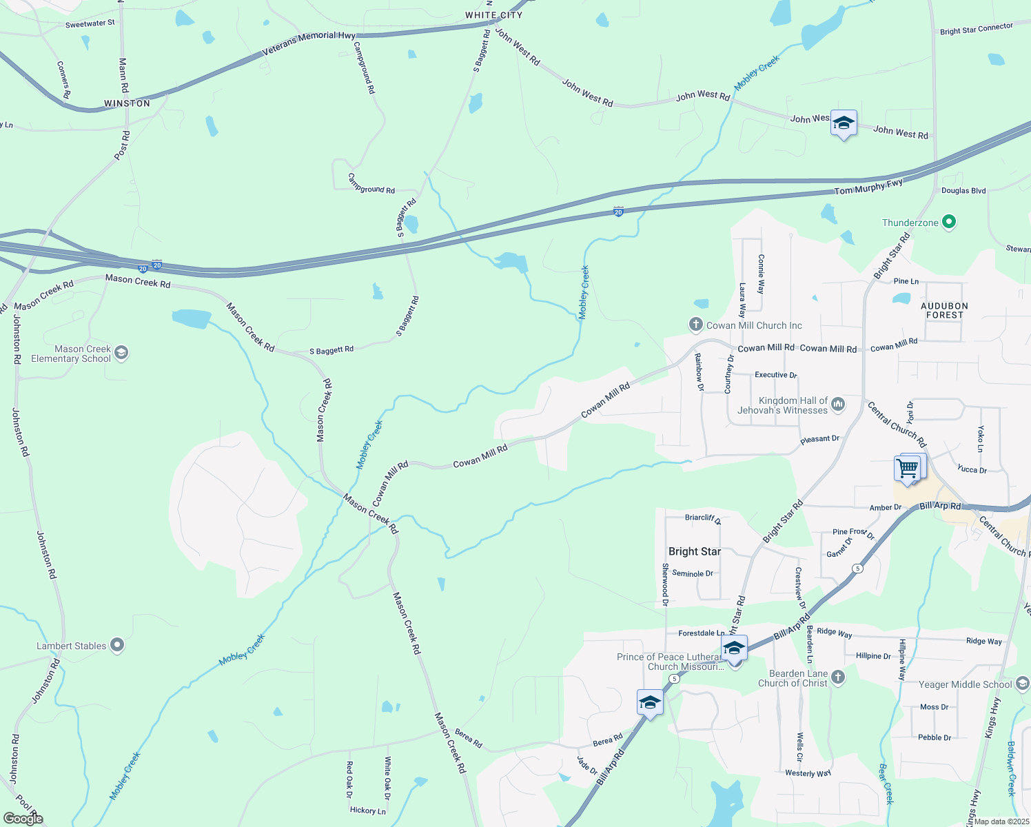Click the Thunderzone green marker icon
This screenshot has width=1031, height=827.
949,222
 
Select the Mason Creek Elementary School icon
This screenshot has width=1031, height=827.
121,354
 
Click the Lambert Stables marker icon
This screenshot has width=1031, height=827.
117,645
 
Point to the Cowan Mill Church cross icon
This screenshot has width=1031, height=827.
696,325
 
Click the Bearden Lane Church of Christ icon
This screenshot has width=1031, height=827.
838,677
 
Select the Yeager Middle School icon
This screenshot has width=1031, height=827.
1023,684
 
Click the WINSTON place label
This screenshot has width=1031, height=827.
127,103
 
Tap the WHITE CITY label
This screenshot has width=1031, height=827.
493,15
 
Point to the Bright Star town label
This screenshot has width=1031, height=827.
695,551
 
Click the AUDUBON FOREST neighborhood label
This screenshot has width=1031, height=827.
944,310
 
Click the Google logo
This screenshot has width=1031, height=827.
23,819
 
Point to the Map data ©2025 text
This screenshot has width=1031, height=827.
1000,821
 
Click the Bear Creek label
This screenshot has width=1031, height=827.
886,784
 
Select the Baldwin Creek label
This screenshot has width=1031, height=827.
1011,768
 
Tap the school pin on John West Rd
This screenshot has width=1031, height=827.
844,124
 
